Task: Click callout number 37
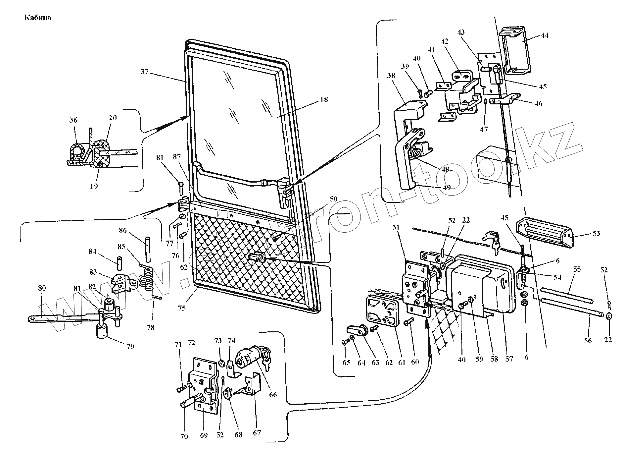tap(144, 71)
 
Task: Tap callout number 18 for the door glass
tap(324, 99)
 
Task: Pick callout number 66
tap(273, 395)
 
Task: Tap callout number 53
tap(596, 233)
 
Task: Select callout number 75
tap(181, 308)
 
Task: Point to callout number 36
tap(73, 120)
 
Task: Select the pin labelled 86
tap(147, 245)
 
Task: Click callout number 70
tap(184, 436)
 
